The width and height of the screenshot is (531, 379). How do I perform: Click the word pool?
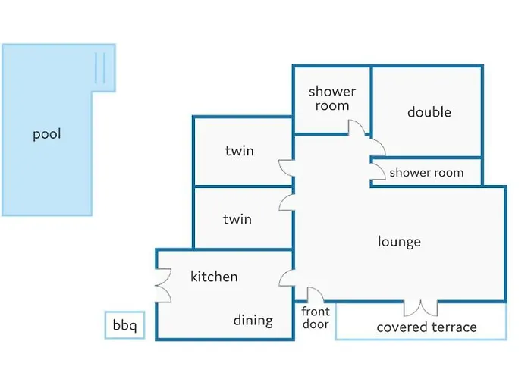[46, 135]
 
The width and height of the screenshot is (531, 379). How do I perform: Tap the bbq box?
[124, 326]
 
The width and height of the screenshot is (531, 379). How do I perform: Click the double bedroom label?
[429, 112]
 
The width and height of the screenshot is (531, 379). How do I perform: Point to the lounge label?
[399, 242]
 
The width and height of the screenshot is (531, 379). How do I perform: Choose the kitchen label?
[214, 277]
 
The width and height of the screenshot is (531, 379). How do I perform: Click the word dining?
[253, 320]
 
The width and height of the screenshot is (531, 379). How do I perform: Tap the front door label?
[316, 318]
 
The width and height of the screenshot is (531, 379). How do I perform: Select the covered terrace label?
[427, 327]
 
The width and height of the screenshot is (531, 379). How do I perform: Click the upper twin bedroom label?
[239, 151]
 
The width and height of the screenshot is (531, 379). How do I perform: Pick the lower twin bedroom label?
[237, 219]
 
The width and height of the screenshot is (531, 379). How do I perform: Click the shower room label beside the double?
[332, 99]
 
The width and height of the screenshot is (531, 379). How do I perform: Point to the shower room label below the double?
[426, 173]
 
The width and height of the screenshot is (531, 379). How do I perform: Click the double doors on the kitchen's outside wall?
[163, 287]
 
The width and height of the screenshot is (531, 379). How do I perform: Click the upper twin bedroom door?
[286, 168]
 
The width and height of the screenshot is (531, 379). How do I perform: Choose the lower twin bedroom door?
[287, 202]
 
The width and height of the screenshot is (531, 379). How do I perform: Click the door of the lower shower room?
[377, 173]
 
